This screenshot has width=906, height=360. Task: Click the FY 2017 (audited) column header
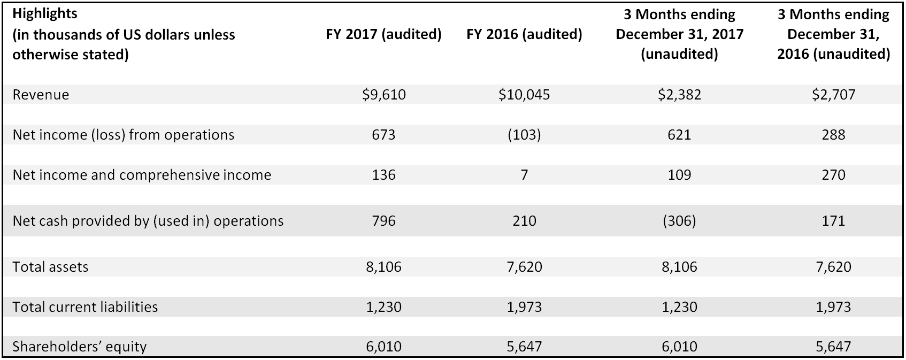coord(383,35)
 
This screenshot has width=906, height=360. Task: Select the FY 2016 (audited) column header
coord(524,35)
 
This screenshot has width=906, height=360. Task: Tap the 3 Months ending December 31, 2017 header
coord(679,34)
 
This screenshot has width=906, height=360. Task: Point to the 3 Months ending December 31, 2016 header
coord(833,34)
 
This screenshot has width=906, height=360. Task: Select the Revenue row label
coord(41,95)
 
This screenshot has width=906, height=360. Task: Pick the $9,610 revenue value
coord(383,95)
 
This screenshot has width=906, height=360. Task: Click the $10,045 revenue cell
coord(524,95)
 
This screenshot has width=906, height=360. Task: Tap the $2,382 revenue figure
coord(679,95)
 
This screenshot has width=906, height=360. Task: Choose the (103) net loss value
coord(524,134)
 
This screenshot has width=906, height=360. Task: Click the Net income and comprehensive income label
coord(142,174)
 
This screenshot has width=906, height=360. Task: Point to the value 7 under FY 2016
coord(524,174)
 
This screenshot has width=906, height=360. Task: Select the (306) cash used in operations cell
coord(679,220)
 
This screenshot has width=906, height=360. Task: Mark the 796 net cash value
coord(383,220)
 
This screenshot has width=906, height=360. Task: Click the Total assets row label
coord(50,266)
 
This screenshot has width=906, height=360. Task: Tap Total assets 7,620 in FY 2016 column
coord(524,266)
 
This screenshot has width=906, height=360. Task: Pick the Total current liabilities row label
coord(85,307)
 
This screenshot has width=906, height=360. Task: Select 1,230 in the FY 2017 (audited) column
coord(383,307)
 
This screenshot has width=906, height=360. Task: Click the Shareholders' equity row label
coord(79,346)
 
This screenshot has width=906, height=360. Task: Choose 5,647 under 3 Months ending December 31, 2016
coord(833,346)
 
